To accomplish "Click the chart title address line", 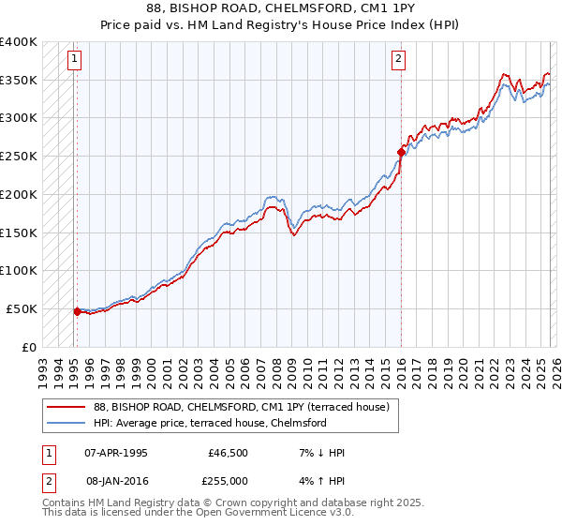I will pos(281,7).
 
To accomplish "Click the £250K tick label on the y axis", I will pos(18,157).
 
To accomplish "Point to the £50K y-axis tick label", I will pos(21,308).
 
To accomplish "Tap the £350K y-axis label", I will pos(18,81).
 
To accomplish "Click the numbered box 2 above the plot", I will pos(399,59).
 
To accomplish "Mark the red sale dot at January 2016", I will pos(401,151).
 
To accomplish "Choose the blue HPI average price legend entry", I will pos(210,423).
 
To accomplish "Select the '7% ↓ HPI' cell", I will pos(320,453).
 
